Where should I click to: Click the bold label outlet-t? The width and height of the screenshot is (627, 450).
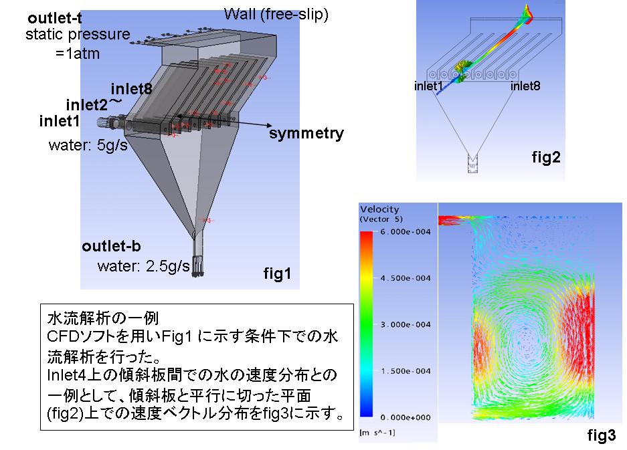coord(55,18)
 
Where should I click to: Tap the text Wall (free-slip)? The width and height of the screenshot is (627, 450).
coord(276,15)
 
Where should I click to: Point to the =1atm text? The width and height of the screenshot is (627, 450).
coord(78,53)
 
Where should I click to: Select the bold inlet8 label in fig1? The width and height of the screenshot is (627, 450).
coord(132,88)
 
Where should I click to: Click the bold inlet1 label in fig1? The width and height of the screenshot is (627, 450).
coord(60,121)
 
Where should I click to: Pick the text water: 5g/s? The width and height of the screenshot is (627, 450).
coord(88,144)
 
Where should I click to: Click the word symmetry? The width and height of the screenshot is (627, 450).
coord(306,133)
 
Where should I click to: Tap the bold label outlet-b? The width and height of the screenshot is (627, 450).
coord(111,246)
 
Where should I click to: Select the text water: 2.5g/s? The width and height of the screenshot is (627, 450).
coord(144,265)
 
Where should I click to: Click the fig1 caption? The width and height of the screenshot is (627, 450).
coord(277,273)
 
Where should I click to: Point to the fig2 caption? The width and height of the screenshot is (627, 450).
coord(546,157)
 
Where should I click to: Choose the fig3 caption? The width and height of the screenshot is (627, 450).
coord(602,435)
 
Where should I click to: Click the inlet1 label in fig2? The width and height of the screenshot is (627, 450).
coord(428,86)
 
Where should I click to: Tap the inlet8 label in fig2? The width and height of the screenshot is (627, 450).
coord(525,86)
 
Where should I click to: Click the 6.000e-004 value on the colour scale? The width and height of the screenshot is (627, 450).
coord(405,232)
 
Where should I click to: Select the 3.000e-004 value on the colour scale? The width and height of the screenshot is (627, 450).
coord(405,324)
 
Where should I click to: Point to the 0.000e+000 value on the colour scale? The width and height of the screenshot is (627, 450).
coord(405,418)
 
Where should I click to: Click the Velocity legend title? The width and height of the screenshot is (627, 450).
coord(379,209)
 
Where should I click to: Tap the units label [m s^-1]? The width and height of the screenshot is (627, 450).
coord(377,433)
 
